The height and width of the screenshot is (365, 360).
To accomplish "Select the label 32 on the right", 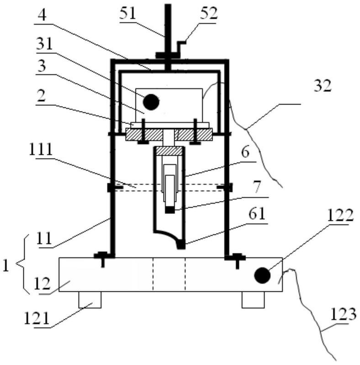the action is coord(322,86).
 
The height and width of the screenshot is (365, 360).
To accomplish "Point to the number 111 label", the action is coord(41,149).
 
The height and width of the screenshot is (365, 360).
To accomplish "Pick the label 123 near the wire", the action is coord(343,314).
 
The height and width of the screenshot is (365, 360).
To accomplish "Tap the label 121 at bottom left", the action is coord(37,318).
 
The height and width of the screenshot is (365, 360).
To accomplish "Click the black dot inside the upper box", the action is coord(151,102).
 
